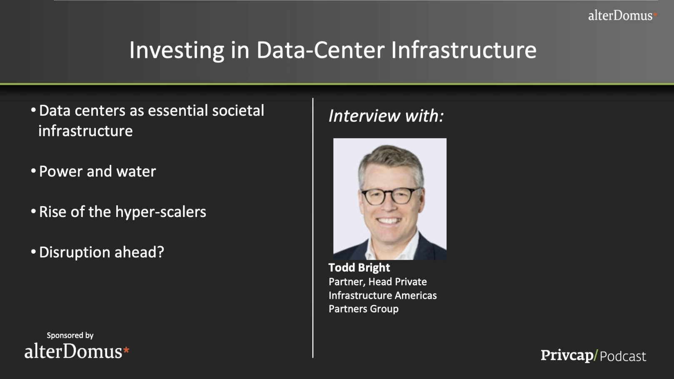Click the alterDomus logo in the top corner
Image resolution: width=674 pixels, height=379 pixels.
pos(622,15)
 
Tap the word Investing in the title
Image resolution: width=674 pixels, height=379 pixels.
pos(177,50)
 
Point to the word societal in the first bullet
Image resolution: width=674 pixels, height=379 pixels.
pos(238,110)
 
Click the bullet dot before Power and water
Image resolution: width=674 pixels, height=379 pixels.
pos(33,171)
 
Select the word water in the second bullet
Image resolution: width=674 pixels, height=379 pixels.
pos(136,172)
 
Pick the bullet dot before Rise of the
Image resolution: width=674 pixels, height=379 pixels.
pos(33,211)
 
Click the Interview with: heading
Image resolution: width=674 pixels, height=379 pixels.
pos(386,116)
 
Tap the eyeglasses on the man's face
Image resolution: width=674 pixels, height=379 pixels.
pos(391,197)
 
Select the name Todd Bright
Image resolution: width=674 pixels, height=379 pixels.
pos(359,267)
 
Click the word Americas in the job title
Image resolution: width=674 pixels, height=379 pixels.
pos(416,295)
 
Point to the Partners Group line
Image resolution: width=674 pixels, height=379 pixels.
pos(364,309)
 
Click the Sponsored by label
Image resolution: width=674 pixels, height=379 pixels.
pos(70,335)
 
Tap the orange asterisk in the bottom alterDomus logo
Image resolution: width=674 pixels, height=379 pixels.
pos(126,350)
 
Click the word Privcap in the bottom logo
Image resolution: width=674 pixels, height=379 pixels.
pos(567,356)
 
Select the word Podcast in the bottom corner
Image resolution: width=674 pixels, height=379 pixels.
pos(623,356)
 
